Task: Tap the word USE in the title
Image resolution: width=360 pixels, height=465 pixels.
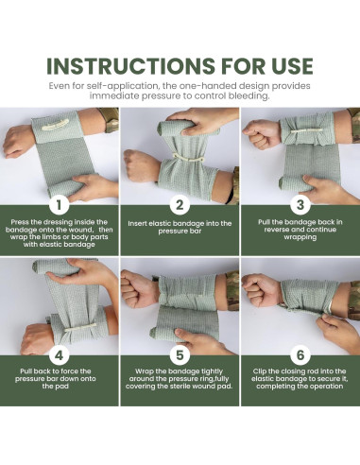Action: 290,66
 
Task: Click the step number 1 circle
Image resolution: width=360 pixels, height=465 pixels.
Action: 59,205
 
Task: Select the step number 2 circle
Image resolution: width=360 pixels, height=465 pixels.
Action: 180,205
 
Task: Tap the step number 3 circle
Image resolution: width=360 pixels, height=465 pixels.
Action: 300,205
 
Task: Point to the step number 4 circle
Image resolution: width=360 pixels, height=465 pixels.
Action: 59,355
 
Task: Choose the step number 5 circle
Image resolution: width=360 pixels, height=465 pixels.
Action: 180,355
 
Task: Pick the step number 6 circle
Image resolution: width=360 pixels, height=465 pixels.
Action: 300,355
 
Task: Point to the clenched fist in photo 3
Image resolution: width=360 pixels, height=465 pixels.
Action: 261,133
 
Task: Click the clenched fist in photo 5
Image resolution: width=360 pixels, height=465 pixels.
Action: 139,288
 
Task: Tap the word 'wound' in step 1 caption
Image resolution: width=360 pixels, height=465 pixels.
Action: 80,230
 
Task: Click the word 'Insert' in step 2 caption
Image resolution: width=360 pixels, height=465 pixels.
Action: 137,224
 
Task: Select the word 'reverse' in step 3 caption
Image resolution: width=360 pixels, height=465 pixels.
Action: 276,230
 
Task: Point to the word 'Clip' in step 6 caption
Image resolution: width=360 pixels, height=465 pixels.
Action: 259,371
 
